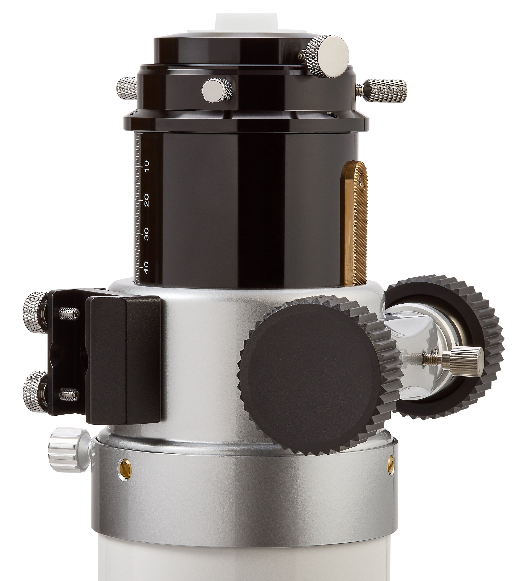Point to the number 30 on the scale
pyautogui.click(x=146, y=234)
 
